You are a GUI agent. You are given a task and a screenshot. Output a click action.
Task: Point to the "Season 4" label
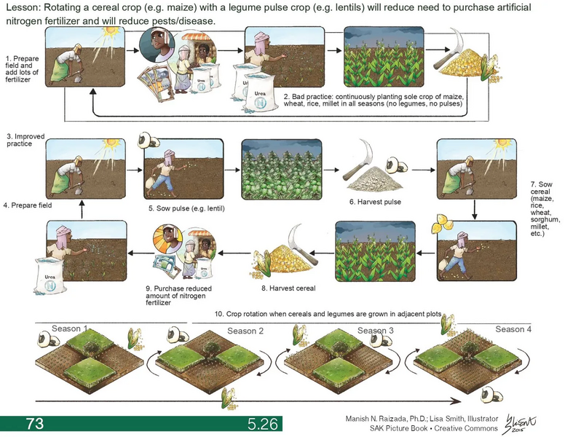click(x=513, y=329)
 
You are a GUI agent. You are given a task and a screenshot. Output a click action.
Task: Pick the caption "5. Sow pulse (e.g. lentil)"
click(x=185, y=209)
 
